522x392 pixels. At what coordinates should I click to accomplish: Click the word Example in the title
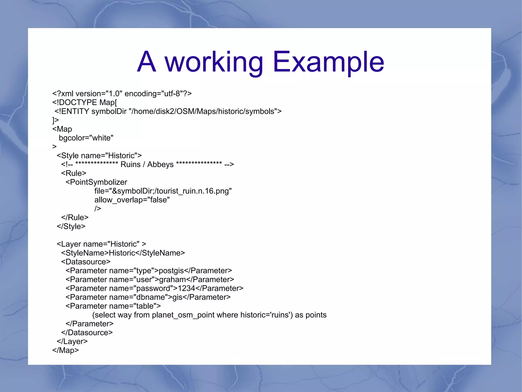328,62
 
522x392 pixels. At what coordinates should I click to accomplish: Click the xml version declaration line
122,94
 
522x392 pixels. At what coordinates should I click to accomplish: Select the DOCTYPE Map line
85,102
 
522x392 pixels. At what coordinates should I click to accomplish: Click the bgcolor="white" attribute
86,138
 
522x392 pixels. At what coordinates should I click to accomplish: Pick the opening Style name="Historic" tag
99,156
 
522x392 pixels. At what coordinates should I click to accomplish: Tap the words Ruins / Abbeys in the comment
147,164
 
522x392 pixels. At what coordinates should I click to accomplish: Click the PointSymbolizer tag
96,182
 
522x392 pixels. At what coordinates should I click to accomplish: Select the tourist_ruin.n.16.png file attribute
163,191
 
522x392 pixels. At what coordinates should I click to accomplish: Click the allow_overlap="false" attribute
132,200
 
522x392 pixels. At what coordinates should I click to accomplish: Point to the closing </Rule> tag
75,218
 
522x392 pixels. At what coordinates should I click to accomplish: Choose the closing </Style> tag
71,226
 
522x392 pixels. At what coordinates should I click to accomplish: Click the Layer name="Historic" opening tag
101,244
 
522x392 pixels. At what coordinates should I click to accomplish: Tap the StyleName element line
123,253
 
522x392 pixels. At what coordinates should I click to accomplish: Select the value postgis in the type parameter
171,271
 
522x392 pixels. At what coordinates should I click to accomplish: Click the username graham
173,279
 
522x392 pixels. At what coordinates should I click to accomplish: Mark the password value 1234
186,288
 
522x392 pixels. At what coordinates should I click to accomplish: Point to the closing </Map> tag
66,350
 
